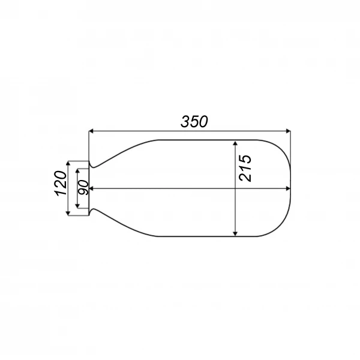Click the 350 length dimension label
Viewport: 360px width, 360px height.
(194, 121)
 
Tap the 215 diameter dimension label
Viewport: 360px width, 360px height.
(245, 168)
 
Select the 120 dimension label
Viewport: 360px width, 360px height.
(61, 183)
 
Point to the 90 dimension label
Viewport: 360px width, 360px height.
(83, 187)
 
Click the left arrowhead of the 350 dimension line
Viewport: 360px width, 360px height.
(91, 131)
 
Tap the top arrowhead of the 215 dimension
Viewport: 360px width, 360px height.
(235, 143)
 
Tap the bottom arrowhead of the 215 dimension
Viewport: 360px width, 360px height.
(235, 233)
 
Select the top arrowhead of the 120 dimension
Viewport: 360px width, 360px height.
(68, 163)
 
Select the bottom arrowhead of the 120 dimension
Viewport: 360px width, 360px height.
(68, 213)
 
